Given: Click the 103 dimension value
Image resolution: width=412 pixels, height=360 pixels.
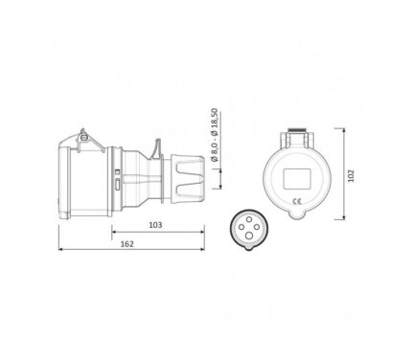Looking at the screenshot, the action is coord(155,225).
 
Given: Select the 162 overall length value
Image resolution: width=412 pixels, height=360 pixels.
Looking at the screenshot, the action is coord(127,244).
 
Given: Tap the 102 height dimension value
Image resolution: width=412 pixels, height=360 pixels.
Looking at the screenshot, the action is coord(352,176).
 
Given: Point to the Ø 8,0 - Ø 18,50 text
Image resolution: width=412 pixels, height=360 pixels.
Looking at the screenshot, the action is coord(216,134).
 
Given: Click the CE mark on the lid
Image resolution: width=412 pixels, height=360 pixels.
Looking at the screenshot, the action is coord(297,201).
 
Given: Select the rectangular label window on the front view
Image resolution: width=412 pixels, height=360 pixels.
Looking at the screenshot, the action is coord(297,179).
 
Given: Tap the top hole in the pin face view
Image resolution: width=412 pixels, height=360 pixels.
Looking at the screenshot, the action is coord(249,219).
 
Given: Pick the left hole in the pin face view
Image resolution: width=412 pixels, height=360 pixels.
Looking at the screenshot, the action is coord(241,227).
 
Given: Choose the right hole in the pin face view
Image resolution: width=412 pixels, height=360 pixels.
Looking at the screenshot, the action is coord(257,227).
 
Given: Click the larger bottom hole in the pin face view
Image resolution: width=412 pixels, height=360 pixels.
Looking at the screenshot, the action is coord(249,236).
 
